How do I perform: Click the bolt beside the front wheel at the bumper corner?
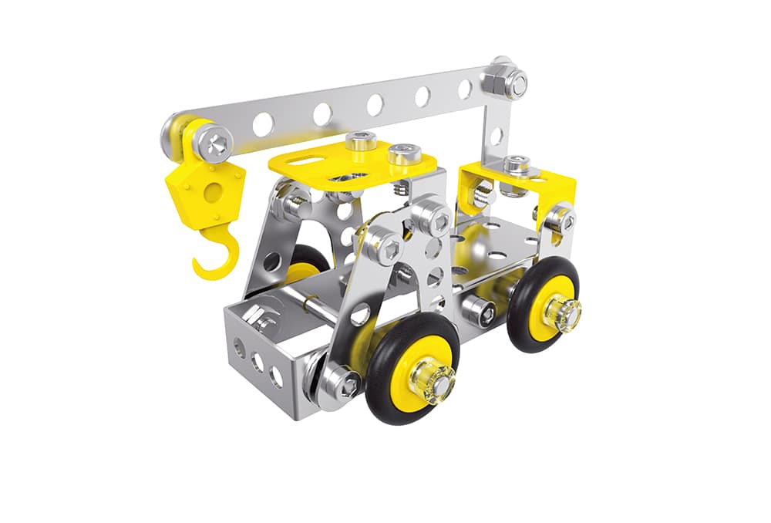pyautogui.click(x=337, y=383)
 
